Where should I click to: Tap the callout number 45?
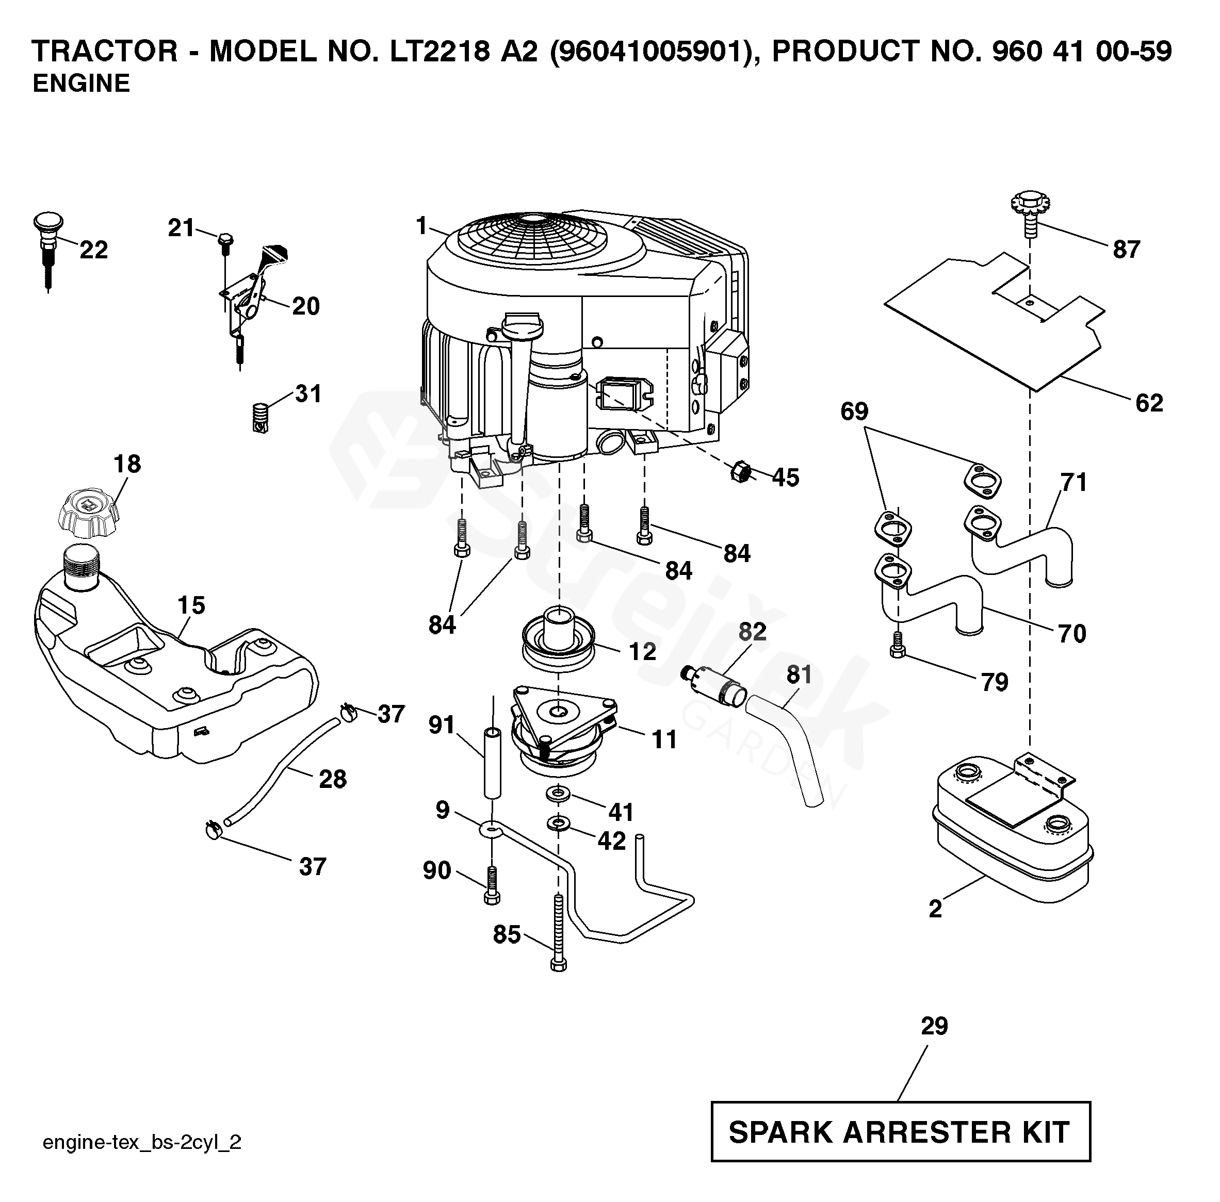(786, 478)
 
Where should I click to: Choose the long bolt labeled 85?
(558, 935)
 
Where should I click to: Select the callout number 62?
(1149, 403)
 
